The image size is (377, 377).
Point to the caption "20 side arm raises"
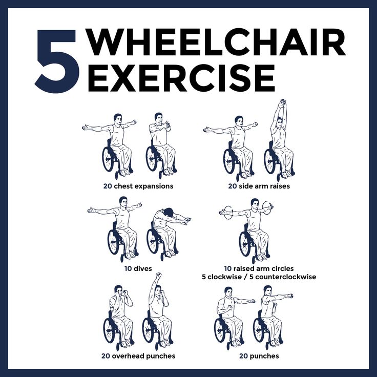coord(259,186)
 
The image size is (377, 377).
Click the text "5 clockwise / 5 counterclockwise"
coord(259,277)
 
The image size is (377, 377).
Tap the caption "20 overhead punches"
coord(138,355)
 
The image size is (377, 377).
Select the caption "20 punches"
coord(259,355)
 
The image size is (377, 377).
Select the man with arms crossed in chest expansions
coord(160,143)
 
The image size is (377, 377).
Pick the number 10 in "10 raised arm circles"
coord(228,268)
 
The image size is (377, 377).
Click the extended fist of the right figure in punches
coord(290,296)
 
